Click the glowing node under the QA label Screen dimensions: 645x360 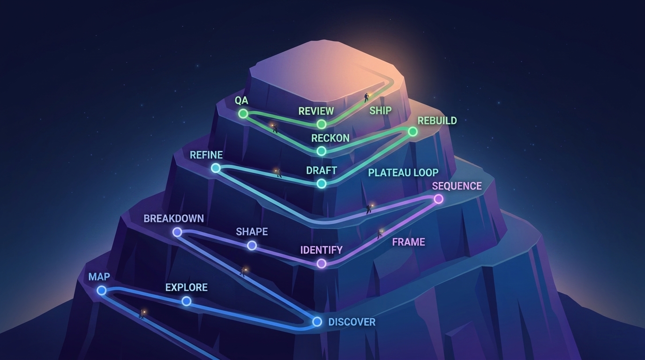(x=243, y=114)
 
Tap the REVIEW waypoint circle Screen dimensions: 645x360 (x=322, y=124)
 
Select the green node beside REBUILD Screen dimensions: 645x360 (x=412, y=132)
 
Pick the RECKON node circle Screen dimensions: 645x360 (x=322, y=151)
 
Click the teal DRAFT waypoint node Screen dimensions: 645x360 (x=322, y=183)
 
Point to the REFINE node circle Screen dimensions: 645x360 (x=216, y=168)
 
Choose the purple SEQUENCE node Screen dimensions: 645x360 (x=438, y=199)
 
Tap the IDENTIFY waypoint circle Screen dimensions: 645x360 (x=322, y=263)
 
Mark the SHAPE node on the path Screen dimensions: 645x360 (x=252, y=245)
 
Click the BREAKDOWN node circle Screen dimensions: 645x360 (x=177, y=232)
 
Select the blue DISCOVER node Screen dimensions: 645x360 (x=317, y=322)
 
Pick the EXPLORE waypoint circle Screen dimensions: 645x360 (x=186, y=301)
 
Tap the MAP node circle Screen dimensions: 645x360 (x=101, y=290)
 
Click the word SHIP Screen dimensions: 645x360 (x=380, y=110)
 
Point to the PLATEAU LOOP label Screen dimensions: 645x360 (x=403, y=172)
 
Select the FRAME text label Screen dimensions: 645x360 (x=408, y=242)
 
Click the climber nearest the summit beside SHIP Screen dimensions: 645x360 (x=367, y=97)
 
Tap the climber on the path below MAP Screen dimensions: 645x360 (x=142, y=314)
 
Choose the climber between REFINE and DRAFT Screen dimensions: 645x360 (x=278, y=173)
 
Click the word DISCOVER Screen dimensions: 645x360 (x=352, y=322)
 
